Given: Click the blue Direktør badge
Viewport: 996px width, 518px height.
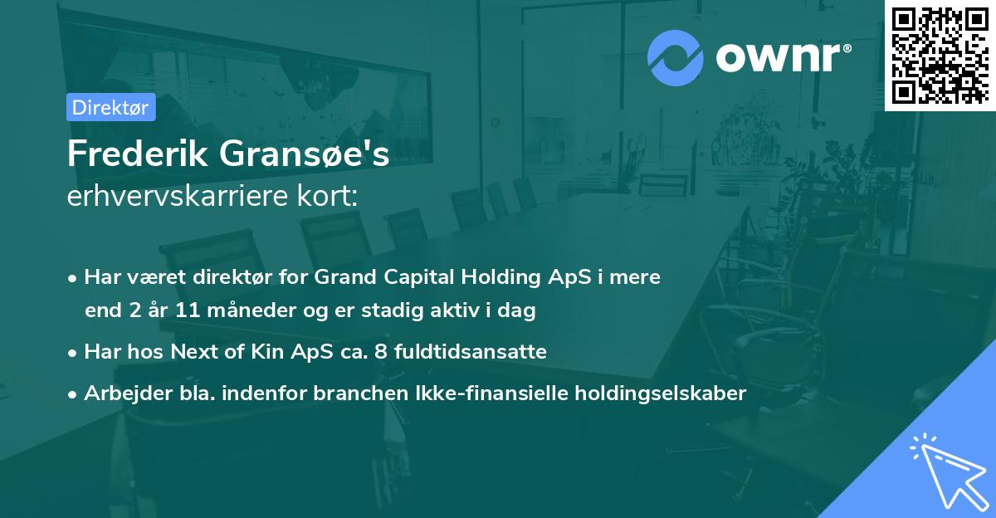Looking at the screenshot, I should (110, 107).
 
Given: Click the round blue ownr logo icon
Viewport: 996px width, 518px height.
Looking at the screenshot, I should (676, 57).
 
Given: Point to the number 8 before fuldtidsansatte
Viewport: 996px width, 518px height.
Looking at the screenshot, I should (381, 351).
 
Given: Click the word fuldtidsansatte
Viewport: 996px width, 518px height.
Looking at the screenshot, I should (470, 351).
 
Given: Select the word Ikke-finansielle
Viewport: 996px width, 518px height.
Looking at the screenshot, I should (497, 393).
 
